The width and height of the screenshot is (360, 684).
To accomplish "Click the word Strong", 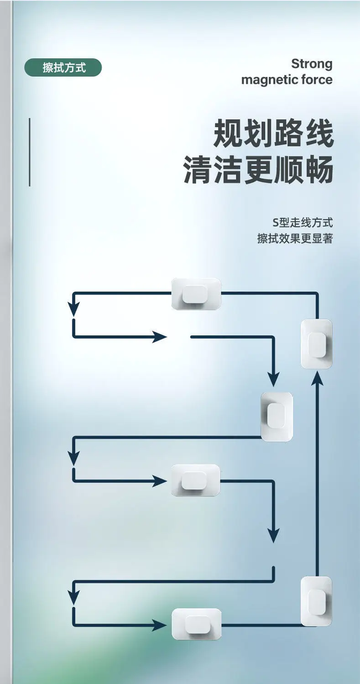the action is (312, 64).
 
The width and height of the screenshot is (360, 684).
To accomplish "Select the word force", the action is (317, 79).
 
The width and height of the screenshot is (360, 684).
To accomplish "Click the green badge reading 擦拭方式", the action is (63, 67).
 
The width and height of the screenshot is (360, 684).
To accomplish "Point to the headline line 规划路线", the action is (273, 133).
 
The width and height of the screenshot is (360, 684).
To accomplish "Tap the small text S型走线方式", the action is (303, 223).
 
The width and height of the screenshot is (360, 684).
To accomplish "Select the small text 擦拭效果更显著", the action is (295, 239).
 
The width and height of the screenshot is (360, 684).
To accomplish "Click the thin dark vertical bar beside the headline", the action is (30, 152).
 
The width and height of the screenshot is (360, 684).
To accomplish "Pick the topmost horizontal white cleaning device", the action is (196, 294).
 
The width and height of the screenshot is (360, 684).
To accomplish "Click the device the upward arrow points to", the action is (316, 344).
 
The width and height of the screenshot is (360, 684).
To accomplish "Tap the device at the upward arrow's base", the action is (316, 601).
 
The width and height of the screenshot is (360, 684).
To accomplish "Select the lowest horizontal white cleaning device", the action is (196, 624).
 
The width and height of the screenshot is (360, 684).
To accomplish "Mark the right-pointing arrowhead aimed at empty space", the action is (160, 337).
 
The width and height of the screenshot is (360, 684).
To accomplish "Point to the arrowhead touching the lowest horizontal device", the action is (160, 626).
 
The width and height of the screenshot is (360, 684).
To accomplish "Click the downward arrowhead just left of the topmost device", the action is (73, 309).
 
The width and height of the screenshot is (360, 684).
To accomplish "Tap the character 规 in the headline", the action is (228, 133).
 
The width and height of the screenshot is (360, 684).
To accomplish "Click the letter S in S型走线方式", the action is (276, 223).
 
